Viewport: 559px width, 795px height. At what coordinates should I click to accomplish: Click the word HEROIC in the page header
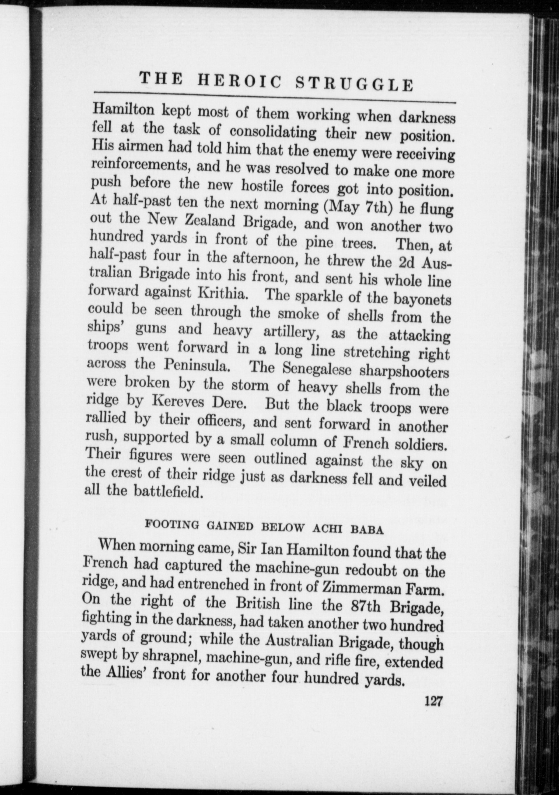click(x=240, y=81)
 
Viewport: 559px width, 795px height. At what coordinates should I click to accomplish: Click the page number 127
click(x=433, y=700)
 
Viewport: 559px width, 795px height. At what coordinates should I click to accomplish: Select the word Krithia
click(x=225, y=293)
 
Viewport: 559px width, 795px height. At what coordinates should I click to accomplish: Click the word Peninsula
click(x=196, y=365)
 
